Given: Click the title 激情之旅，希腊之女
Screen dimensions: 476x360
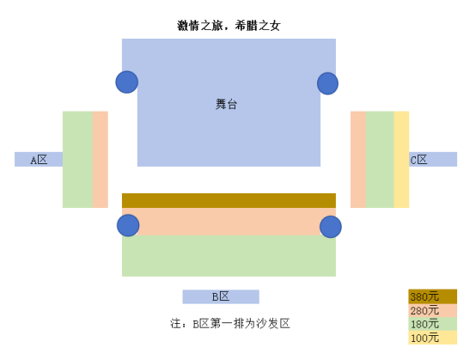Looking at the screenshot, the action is tap(229, 26).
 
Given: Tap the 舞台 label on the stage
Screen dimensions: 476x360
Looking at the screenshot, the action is tap(226, 104).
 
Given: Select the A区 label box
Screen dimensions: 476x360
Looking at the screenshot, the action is tap(39, 159).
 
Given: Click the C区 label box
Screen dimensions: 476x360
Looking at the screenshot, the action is tap(433, 159).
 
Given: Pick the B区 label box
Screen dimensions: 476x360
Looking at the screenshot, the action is tap(221, 296).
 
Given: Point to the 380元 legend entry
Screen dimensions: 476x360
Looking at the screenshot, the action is tap(432, 296).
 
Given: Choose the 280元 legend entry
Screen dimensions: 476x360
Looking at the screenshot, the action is tap(432, 310).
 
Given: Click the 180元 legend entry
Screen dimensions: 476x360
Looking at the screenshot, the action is tap(432, 324).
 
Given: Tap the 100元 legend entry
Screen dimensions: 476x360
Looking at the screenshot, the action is tap(432, 338).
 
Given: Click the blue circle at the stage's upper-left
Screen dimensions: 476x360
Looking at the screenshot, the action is tap(127, 82).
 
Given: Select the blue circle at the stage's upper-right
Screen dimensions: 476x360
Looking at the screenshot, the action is tap(328, 83).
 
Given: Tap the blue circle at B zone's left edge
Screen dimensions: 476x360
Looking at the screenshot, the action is tap(128, 225).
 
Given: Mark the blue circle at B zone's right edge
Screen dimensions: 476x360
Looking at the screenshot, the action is tap(331, 227).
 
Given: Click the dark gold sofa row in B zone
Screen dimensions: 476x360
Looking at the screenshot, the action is tap(229, 201).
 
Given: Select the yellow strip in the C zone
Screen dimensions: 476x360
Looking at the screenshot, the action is tap(401, 159).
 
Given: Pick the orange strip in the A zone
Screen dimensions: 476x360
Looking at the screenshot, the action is tap(101, 159).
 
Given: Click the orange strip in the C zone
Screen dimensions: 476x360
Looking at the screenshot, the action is tap(358, 159).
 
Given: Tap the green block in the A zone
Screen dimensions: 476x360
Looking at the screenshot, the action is tap(77, 159).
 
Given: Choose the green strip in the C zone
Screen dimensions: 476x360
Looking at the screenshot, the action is tap(380, 159).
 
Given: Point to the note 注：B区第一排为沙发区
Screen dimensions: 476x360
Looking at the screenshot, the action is tap(229, 324).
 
